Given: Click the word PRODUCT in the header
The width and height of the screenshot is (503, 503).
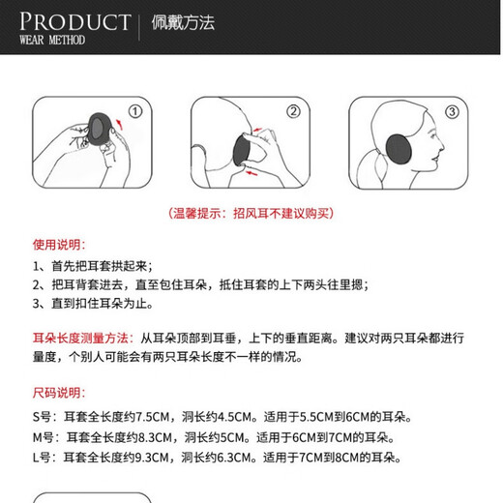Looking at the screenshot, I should tap(74, 20).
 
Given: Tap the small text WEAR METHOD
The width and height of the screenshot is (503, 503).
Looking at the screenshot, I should tap(52, 41).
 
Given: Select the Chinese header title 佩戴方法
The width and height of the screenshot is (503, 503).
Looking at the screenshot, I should tap(183, 23).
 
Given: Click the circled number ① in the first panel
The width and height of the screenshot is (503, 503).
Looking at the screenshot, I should tap(135, 111).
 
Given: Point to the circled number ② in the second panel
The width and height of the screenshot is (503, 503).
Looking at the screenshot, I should tap(292, 111).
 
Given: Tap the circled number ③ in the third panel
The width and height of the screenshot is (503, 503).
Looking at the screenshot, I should tap(451, 111).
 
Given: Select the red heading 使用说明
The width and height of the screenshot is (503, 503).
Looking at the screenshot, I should tap(59, 244).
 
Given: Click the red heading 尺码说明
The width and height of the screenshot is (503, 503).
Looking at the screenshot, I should tap(59, 393).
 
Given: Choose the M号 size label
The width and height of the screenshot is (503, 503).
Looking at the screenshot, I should tap(44, 437).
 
